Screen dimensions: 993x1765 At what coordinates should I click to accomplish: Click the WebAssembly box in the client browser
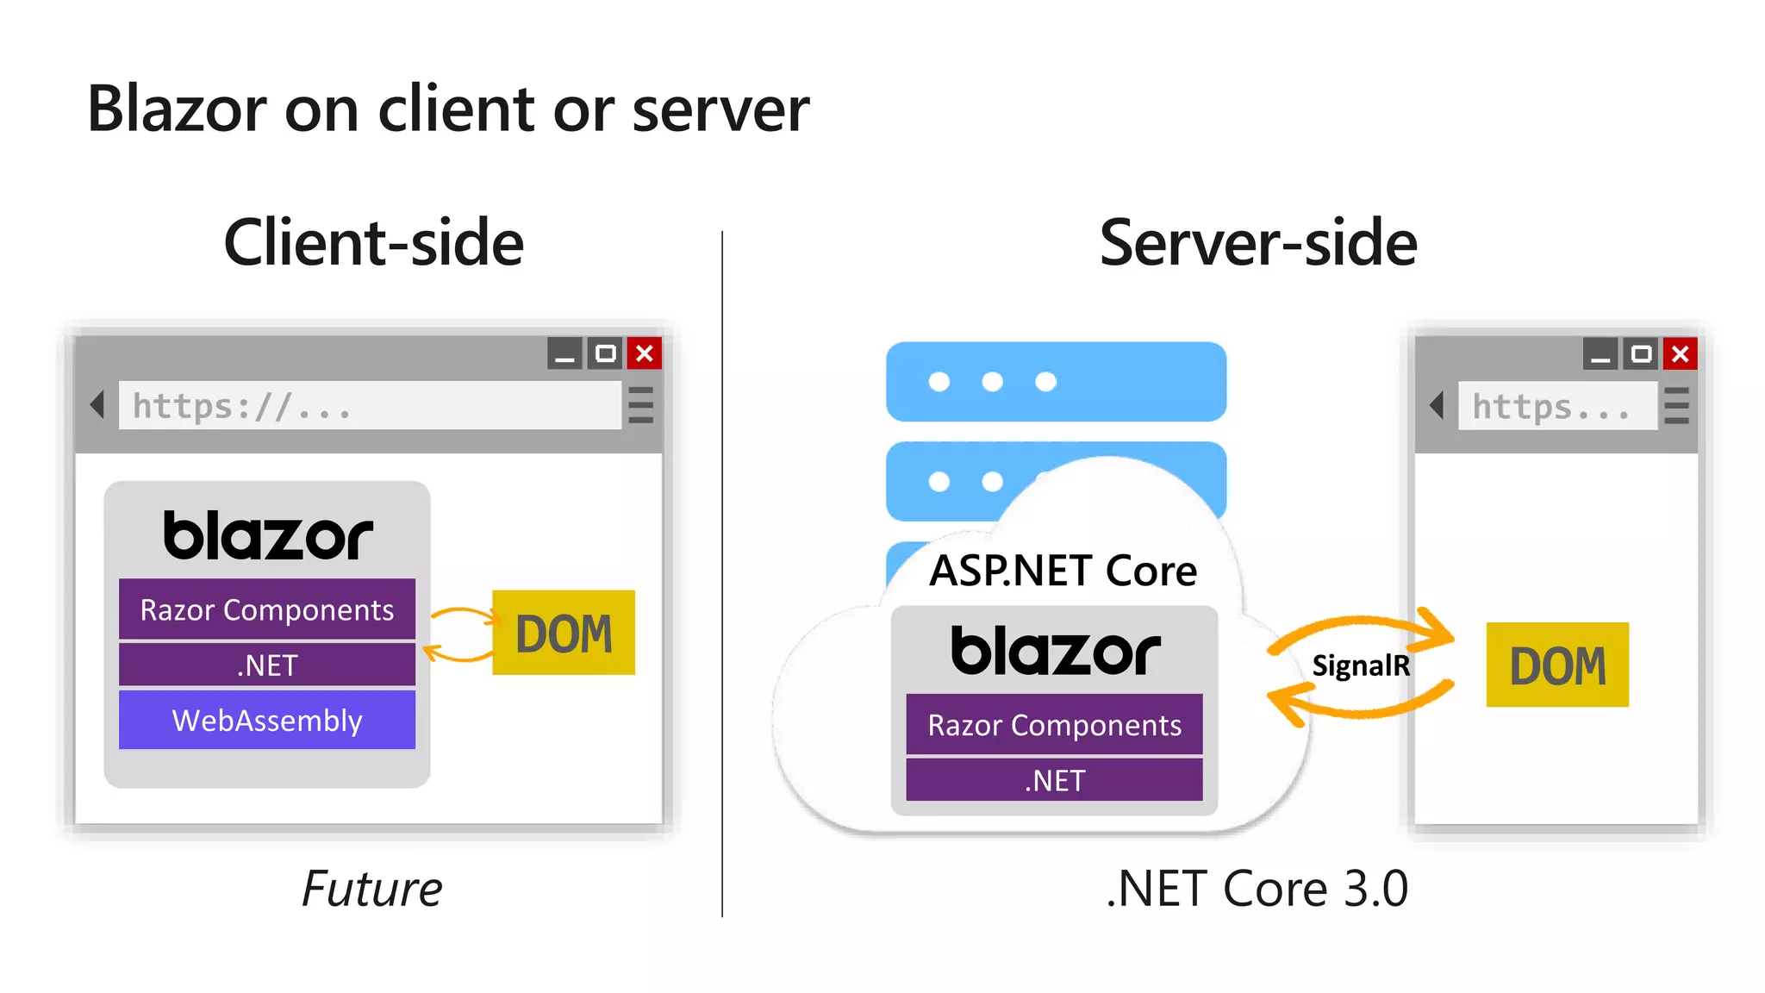(x=267, y=720)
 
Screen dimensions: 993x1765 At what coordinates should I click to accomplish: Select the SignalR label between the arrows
(x=1360, y=665)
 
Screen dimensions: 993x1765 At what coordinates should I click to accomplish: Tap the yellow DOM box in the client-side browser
(x=564, y=633)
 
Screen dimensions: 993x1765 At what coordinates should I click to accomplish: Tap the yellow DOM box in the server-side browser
(x=1557, y=665)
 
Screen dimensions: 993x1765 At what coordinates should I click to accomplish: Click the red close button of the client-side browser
(x=645, y=353)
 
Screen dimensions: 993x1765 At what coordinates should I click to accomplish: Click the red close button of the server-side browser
(x=1681, y=353)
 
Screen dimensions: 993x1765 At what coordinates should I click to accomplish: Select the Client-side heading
(x=373, y=243)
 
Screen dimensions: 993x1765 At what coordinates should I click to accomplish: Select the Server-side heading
(x=1257, y=243)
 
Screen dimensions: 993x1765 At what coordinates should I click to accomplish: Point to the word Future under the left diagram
(x=371, y=889)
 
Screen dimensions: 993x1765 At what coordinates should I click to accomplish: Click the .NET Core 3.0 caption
(x=1257, y=889)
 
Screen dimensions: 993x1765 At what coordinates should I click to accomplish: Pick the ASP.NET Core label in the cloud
(x=1063, y=571)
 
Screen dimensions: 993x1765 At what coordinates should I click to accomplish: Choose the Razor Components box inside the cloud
(x=1054, y=725)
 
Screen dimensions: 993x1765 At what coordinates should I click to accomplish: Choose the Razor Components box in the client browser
(x=267, y=609)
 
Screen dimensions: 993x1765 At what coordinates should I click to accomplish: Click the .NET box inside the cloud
(x=1054, y=780)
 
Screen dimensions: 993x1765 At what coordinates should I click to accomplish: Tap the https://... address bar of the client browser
(x=370, y=405)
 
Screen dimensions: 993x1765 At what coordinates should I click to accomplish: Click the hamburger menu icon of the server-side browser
(x=1676, y=405)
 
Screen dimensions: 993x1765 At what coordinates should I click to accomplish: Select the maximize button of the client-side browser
(x=606, y=353)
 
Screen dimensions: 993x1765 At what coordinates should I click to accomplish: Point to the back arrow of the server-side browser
(x=1436, y=405)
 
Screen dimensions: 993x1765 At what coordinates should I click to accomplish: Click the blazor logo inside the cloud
(x=1055, y=651)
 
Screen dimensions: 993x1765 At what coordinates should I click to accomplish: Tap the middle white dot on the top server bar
(x=992, y=382)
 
